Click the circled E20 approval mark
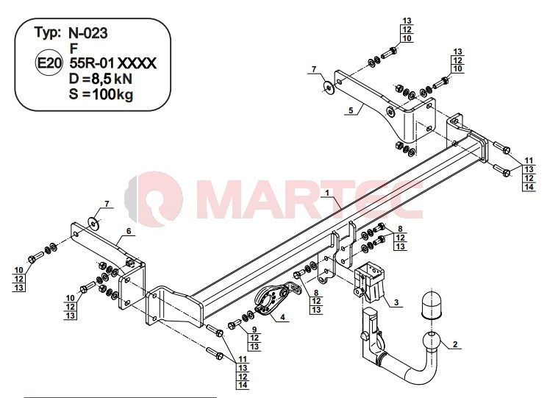point(49,63)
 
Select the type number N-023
point(88,33)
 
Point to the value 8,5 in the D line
point(101,79)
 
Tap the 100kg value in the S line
point(112,94)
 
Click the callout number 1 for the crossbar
point(327,193)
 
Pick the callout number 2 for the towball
point(455,344)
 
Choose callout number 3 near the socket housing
point(396,302)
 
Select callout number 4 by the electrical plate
point(282,317)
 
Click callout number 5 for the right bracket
point(351,110)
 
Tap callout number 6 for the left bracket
point(129,231)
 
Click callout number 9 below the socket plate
point(254,330)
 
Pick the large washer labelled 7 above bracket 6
point(94,222)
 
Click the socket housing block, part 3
point(369,281)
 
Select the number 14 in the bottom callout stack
point(243,385)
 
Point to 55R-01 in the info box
point(92,63)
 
